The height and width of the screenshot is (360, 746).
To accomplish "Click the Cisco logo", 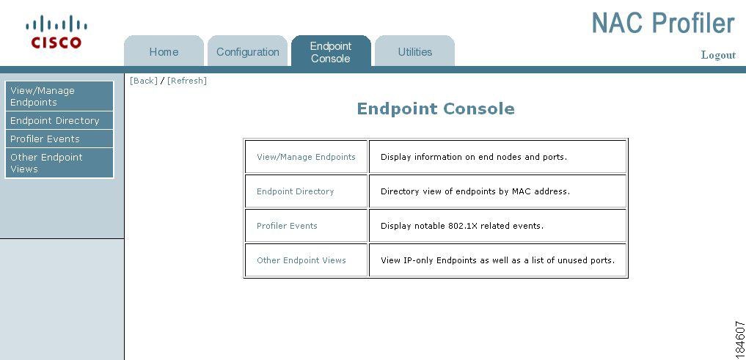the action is (x=56, y=32).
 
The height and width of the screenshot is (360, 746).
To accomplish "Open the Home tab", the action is (x=164, y=51).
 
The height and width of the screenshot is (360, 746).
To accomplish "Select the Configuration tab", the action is (x=247, y=51).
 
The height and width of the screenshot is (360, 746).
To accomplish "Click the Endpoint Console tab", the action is (x=331, y=51).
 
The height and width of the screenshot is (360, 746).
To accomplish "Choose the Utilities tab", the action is (x=415, y=51).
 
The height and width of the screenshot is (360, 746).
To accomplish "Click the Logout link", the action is (x=718, y=55).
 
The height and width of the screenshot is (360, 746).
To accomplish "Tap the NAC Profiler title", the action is (x=663, y=23).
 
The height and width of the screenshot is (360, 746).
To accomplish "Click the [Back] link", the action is (x=143, y=81).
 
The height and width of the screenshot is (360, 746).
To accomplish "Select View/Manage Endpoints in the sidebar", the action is (x=59, y=96).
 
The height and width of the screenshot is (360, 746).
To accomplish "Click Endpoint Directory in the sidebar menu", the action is (x=59, y=120).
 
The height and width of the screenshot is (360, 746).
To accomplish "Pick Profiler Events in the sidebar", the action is (x=59, y=139).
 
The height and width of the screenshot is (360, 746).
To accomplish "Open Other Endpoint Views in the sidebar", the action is (x=59, y=163).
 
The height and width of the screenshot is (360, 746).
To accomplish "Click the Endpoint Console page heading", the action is (x=436, y=109).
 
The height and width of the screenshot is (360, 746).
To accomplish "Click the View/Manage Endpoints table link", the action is (x=306, y=157).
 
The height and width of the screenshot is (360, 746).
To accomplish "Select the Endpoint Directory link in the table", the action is (x=296, y=191).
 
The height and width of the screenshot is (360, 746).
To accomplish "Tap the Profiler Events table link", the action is (x=287, y=226).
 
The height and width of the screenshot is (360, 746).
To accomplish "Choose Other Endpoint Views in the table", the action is (x=301, y=260).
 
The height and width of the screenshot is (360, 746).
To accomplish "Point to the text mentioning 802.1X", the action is (x=462, y=226).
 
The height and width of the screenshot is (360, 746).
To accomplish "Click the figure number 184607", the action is (x=739, y=339).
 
